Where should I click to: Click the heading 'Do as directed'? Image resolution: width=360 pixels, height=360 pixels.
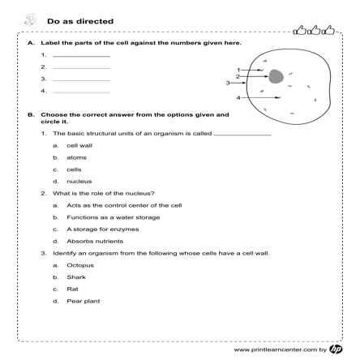point(80,21)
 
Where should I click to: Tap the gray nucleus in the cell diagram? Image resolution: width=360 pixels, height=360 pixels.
point(276,77)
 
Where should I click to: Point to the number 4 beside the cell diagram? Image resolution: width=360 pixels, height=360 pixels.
point(238,97)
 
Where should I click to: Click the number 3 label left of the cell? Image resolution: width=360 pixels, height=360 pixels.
point(229,83)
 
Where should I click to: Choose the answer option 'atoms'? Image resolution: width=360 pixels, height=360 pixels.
point(77,156)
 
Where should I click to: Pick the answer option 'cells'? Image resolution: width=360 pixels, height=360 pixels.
point(75,169)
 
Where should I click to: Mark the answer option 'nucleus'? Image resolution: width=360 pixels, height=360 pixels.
point(79,181)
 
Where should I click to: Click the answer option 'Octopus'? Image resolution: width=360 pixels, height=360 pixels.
point(80,265)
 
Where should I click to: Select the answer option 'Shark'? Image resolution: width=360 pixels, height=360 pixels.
point(76,277)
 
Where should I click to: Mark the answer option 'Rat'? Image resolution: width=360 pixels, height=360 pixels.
point(72,289)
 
